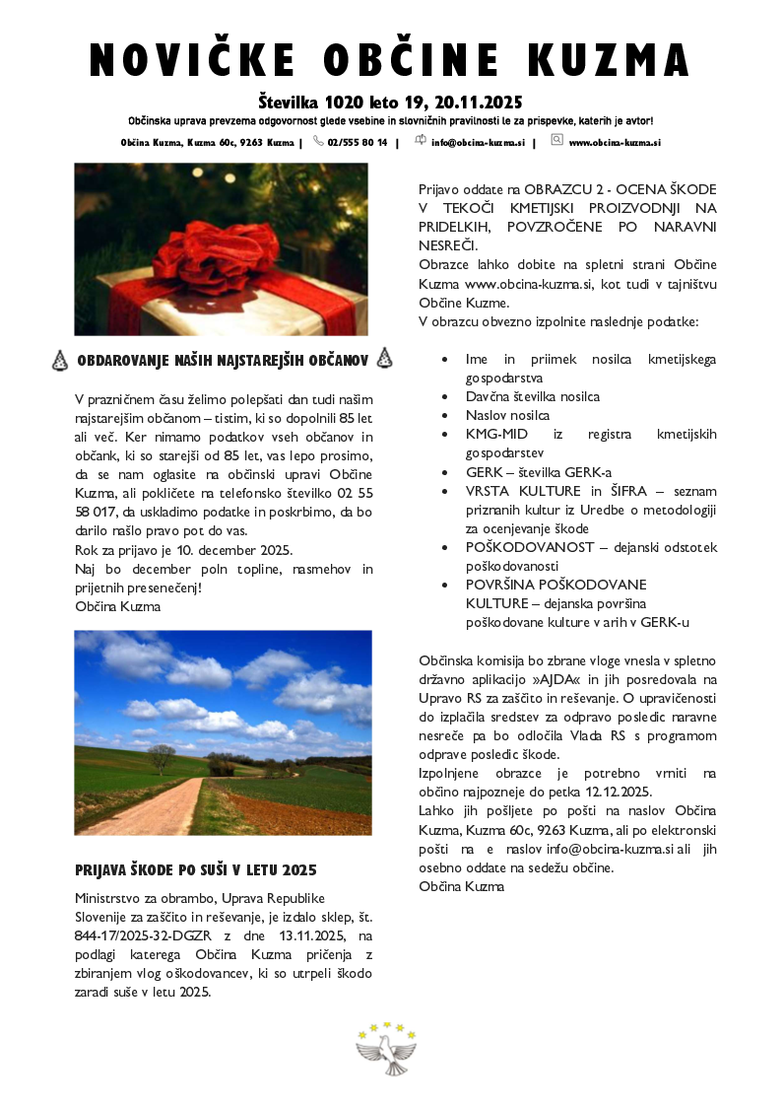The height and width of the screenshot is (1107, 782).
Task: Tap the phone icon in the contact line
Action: [318, 141]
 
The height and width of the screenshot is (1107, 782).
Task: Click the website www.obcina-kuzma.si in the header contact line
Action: [614, 142]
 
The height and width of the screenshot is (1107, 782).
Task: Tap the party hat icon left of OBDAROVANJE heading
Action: [59, 361]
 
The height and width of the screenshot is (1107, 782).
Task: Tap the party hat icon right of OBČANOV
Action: [384, 359]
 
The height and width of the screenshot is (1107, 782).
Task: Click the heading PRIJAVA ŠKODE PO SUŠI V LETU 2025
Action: [195, 870]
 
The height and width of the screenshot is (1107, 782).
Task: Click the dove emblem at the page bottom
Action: [386, 1051]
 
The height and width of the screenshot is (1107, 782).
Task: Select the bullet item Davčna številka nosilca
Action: [533, 396]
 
